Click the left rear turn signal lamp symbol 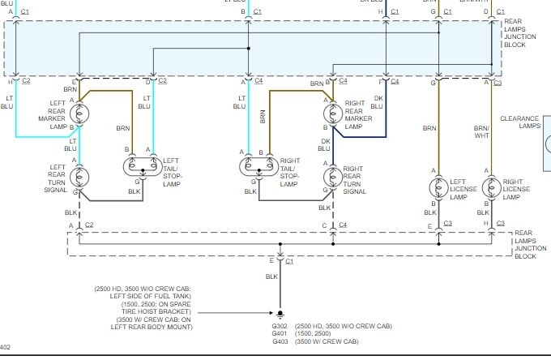79,177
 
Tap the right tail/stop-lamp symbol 257,168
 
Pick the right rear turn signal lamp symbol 331,177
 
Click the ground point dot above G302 280,313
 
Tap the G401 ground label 280,333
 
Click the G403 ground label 280,342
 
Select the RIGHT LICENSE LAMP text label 515,189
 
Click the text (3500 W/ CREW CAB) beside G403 328,342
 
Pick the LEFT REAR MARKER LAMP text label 57,114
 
